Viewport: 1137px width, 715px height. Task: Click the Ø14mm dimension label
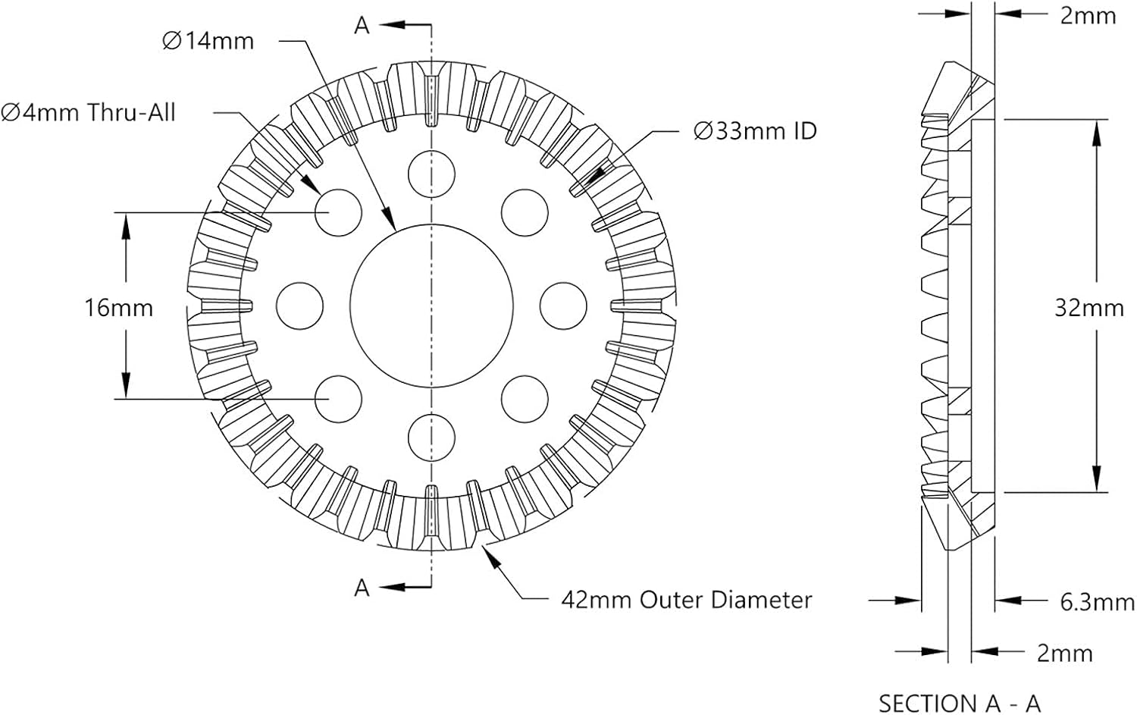point(208,41)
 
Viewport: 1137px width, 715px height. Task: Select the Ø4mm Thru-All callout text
point(89,112)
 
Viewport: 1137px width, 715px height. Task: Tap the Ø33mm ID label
point(755,131)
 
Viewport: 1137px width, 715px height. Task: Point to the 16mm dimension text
point(119,309)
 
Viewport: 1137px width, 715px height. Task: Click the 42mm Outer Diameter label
point(687,600)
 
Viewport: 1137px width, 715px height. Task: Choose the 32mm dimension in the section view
point(1089,309)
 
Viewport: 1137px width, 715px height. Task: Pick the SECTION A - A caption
point(960,704)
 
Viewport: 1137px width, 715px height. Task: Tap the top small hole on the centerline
point(431,174)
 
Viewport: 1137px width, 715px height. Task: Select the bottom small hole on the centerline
point(431,437)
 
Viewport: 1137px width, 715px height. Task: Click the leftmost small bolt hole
point(300,306)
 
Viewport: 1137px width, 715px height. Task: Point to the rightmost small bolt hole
point(563,306)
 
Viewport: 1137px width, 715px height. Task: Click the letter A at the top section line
point(362,25)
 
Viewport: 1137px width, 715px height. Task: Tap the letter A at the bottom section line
point(362,588)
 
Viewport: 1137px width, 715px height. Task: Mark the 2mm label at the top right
point(1088,16)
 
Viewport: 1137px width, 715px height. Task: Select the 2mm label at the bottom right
point(1065,653)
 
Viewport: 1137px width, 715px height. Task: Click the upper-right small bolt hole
point(525,213)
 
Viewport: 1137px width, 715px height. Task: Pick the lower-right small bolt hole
point(525,399)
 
